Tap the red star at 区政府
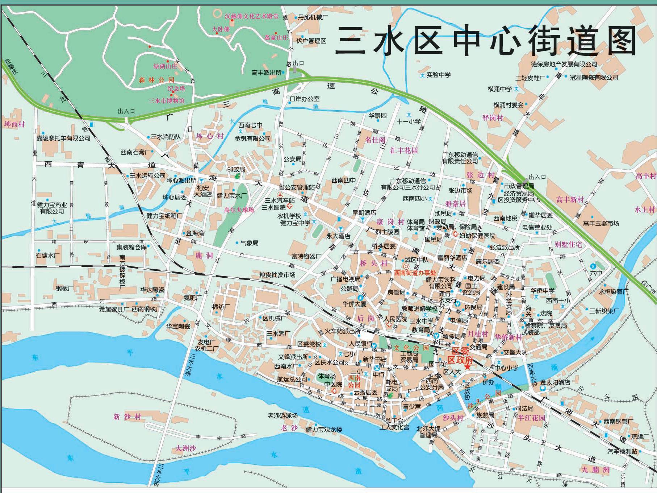[468, 367]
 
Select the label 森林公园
[156, 80]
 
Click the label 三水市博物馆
[166, 101]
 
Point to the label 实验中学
[439, 75]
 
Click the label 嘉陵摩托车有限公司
[63, 138]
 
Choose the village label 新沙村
[127, 417]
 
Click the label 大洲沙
[186, 448]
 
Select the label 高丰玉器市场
[601, 224]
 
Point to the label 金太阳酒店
[555, 382]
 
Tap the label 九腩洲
[596, 470]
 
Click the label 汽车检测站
[622, 451]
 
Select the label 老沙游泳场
[283, 416]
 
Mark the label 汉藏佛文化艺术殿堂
[251, 16]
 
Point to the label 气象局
[250, 243]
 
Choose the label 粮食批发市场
[277, 275]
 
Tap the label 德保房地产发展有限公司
[564, 64]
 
